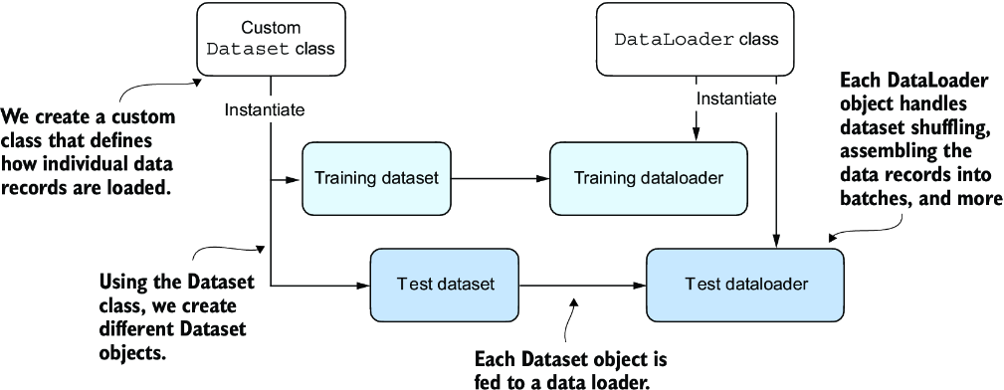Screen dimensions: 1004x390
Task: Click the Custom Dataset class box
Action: [271, 39]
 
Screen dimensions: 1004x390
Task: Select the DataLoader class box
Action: [696, 39]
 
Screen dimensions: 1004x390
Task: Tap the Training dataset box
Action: [376, 178]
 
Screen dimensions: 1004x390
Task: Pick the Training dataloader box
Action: [649, 178]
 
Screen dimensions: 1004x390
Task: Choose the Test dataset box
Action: [445, 285]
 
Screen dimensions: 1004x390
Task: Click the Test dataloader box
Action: [746, 285]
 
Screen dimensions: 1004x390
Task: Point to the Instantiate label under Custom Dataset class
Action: [265, 110]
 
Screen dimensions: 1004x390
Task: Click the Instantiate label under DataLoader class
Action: [736, 99]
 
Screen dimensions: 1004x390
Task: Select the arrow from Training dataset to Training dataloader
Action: [501, 179]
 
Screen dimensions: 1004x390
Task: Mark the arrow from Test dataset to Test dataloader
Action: [583, 285]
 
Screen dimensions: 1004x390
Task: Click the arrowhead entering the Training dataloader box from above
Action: [696, 134]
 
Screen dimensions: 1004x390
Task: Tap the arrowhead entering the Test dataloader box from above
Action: [777, 241]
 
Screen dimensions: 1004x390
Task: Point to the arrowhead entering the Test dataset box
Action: [362, 285]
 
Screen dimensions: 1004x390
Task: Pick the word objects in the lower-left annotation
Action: [132, 351]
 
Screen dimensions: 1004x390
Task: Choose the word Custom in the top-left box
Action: [271, 28]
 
